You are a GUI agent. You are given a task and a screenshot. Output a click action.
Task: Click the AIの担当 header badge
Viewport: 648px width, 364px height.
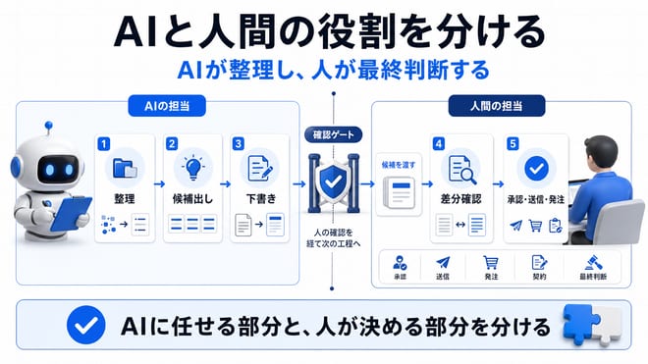click(167, 106)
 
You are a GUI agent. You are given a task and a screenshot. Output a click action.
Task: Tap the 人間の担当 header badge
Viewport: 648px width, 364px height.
click(497, 106)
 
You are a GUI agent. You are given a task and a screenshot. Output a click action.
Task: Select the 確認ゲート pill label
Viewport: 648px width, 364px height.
click(333, 134)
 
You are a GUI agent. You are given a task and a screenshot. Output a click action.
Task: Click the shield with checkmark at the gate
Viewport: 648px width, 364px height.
click(333, 182)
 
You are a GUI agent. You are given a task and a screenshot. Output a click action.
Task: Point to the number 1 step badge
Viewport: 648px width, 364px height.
click(104, 144)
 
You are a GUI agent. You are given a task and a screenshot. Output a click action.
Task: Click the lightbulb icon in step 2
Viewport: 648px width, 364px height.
click(193, 168)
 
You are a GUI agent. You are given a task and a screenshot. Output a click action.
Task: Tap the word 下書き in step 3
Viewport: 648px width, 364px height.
click(261, 199)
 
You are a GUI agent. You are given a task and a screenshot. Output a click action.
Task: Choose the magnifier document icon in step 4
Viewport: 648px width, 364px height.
click(461, 169)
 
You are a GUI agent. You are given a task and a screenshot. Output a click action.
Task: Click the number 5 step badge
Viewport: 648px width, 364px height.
click(513, 144)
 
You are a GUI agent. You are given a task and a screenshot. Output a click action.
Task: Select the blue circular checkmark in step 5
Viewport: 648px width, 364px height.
click(536, 169)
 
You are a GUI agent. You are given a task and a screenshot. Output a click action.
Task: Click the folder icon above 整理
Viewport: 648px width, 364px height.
click(125, 169)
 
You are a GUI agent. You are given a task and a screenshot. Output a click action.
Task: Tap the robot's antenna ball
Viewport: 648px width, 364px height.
click(49, 125)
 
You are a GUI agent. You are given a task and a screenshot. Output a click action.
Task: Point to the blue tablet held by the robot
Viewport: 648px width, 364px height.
click(71, 213)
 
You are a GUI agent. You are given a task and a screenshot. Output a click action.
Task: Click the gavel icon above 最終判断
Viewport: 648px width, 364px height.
click(593, 262)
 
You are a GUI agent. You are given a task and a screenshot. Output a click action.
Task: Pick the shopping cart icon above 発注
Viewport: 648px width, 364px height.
click(491, 262)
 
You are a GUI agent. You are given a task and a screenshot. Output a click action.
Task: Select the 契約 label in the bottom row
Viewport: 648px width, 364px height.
click(539, 277)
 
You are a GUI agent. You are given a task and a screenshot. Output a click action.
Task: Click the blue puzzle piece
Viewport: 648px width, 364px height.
click(580, 324)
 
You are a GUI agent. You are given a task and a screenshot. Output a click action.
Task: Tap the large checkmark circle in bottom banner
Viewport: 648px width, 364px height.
click(86, 325)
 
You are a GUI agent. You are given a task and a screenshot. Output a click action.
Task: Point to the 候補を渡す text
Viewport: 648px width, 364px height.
click(399, 165)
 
